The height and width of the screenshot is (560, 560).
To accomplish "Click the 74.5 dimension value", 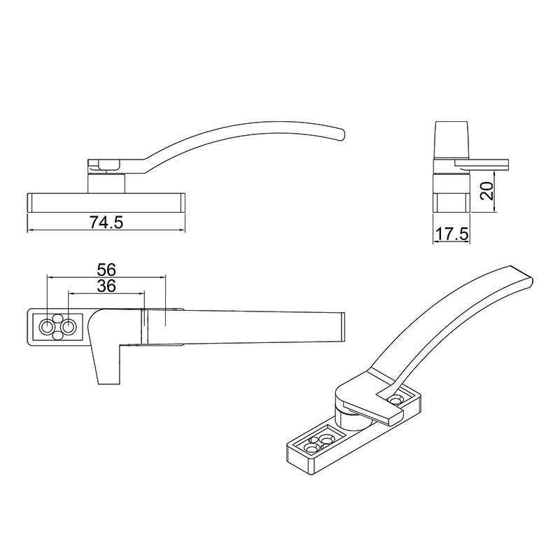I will (x=106, y=223).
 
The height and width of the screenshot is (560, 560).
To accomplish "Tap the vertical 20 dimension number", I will (x=488, y=190).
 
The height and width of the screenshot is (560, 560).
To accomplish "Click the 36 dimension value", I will (x=106, y=286).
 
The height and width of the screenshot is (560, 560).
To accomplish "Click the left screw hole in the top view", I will (x=48, y=327).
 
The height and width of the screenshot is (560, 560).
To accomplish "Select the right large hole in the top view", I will (x=69, y=327).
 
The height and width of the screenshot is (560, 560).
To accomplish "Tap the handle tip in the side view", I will (x=340, y=133).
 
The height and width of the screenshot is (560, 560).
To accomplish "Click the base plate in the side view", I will (x=106, y=202).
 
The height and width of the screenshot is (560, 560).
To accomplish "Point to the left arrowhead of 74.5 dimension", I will (x=29, y=230).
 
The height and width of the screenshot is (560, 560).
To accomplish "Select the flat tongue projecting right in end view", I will (x=483, y=164).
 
